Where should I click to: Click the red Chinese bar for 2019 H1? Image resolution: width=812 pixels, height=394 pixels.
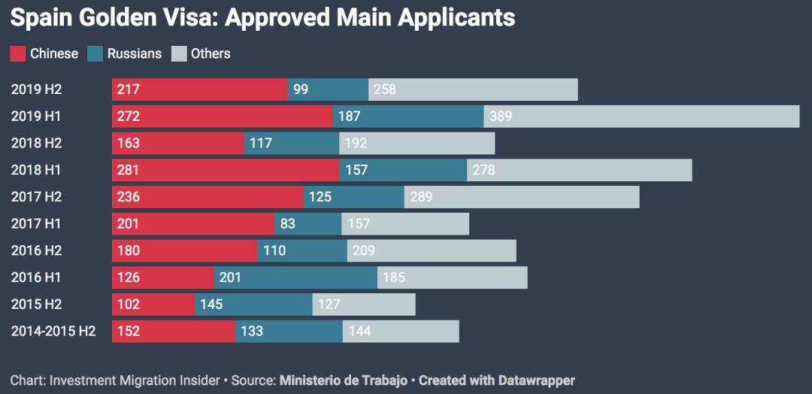click(x=222, y=117)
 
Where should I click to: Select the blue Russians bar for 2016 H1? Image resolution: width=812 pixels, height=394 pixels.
click(x=295, y=277)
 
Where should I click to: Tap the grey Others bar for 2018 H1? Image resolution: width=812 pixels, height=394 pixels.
click(x=579, y=170)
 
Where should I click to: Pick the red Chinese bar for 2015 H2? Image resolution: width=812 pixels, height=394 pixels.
click(x=153, y=305)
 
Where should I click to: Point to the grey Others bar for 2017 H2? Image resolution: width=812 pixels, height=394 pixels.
click(x=522, y=197)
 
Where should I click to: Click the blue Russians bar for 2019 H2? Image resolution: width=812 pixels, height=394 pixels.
click(x=328, y=89)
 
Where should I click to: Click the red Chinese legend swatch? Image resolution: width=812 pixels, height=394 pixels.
click(x=17, y=54)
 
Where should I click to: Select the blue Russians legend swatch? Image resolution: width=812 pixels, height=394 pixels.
click(x=95, y=54)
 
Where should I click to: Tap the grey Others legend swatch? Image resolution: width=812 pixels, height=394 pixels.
click(x=179, y=54)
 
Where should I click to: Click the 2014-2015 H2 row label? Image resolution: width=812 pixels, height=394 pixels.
click(x=53, y=332)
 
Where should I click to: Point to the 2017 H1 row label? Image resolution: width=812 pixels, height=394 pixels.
click(x=36, y=224)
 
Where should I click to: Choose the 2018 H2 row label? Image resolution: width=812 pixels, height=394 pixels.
click(x=36, y=143)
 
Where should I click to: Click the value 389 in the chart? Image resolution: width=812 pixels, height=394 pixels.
click(x=501, y=117)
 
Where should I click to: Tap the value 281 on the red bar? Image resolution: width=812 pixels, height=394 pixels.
click(x=128, y=170)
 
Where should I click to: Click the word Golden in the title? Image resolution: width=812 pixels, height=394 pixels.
click(x=117, y=17)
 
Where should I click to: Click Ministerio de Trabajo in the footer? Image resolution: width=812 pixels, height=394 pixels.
click(x=344, y=380)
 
